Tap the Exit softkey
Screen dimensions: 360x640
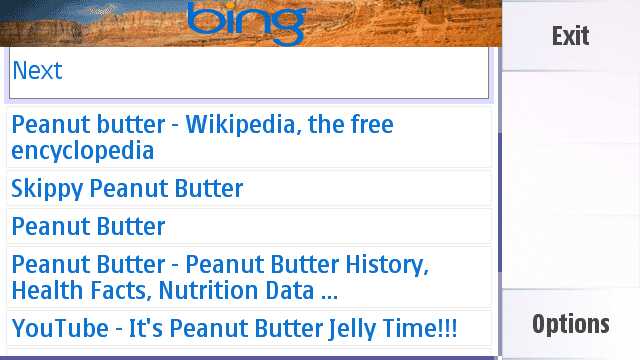pyautogui.click(x=570, y=37)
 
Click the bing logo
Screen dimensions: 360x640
pyautogui.click(x=245, y=21)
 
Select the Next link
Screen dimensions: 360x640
pyautogui.click(x=37, y=71)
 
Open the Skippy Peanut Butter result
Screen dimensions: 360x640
pyautogui.click(x=127, y=188)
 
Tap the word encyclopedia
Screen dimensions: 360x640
pyautogui.click(x=83, y=151)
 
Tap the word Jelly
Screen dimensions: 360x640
pyautogui.click(x=322, y=327)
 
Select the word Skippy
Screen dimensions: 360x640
pyautogui.click(x=46, y=188)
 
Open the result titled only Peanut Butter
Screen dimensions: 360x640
pyautogui.click(x=88, y=226)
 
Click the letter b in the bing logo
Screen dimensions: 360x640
pyautogui.click(x=201, y=20)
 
